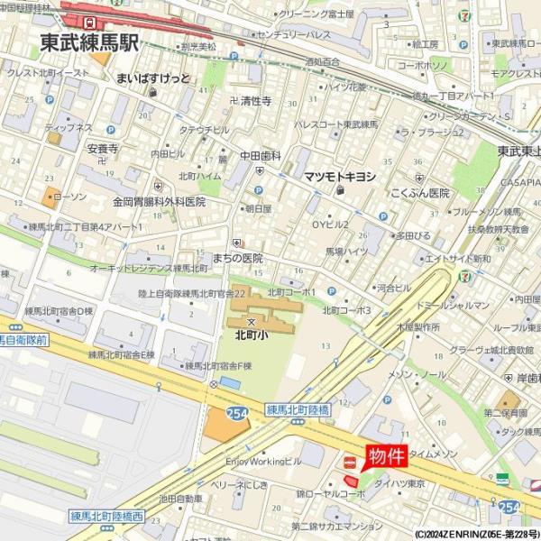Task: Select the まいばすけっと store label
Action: [x=153, y=78]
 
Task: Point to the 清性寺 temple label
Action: [x=255, y=102]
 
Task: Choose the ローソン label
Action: [x=69, y=197]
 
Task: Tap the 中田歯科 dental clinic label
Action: [x=261, y=156]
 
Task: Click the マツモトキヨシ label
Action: [x=339, y=177]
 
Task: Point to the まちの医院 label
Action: [x=240, y=257]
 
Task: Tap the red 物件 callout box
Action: [x=385, y=456]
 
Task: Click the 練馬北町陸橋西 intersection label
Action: [x=106, y=517]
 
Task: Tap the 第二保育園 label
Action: [x=505, y=413]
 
